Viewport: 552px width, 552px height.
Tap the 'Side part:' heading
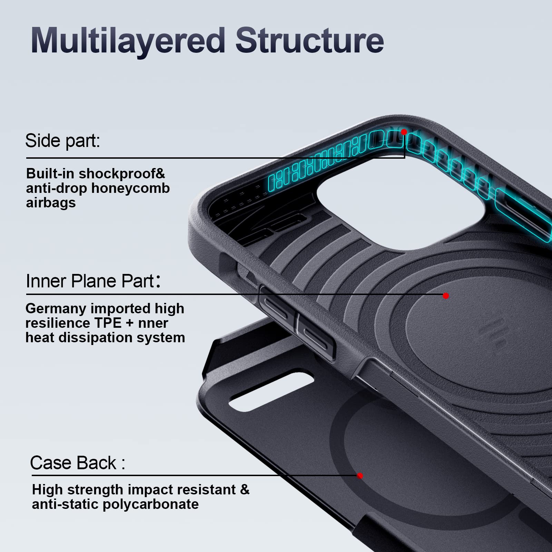[x=62, y=141]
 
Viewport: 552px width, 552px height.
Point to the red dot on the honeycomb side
[x=404, y=132]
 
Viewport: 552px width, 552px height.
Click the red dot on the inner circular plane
[x=446, y=296]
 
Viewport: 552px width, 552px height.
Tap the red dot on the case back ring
[x=360, y=476]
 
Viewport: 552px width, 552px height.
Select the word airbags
[x=51, y=203]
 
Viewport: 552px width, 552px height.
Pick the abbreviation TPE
[x=111, y=323]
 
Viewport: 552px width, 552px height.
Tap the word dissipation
[x=97, y=338]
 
